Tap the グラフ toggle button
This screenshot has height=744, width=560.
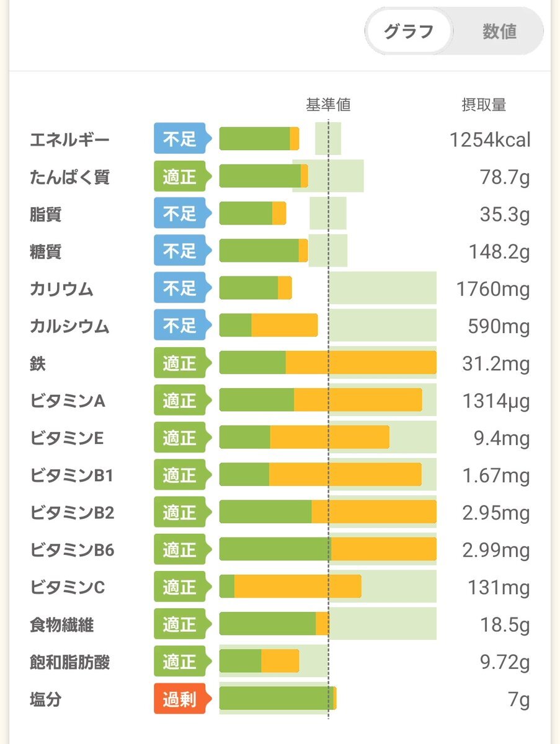tap(408, 32)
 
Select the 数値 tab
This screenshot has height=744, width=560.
tap(499, 32)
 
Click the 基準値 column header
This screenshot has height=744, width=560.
tap(328, 105)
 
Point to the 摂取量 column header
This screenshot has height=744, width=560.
tap(484, 105)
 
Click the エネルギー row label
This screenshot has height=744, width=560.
tap(69, 139)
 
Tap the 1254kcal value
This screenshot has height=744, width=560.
tap(490, 139)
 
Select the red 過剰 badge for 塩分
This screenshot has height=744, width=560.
tap(180, 700)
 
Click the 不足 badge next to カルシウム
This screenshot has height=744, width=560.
tap(180, 326)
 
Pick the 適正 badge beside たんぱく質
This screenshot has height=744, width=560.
tap(180, 177)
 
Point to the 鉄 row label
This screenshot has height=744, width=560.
tap(38, 364)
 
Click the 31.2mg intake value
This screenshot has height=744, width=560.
tap(496, 364)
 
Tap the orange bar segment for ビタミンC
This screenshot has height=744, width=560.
tap(298, 587)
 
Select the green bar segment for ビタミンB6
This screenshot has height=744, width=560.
tap(275, 550)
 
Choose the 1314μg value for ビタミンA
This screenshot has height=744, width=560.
tap(496, 401)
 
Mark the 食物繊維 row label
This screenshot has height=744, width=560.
tap(61, 625)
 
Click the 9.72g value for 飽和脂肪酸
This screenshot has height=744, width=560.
tap(505, 662)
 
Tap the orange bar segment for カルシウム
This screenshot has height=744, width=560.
tap(284, 326)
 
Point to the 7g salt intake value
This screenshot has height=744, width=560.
tap(519, 700)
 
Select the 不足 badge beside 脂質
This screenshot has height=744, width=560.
tap(180, 215)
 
